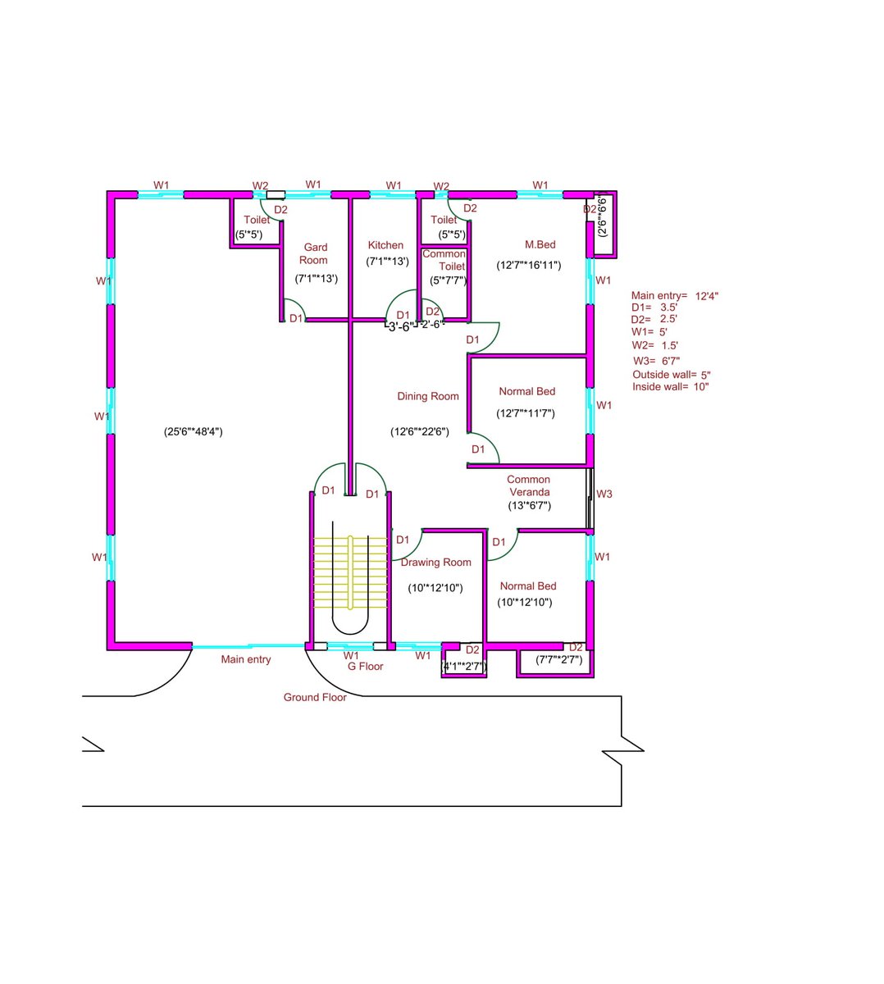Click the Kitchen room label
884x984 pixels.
coord(385,245)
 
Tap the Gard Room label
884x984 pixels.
coord(314,253)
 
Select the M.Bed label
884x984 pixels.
coord(540,244)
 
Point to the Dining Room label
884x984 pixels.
coord(428,396)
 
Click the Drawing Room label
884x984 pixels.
coord(435,562)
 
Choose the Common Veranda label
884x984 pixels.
coord(528,485)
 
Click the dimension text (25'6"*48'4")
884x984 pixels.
coord(194,431)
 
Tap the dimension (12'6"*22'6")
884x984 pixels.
coord(420,431)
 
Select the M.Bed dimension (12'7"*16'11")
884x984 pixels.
coord(528,265)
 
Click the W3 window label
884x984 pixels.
coord(604,494)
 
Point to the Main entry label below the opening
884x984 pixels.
coord(246,659)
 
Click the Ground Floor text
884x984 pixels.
coord(315,697)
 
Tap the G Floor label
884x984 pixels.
coord(365,667)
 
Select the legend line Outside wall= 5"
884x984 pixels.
coord(672,375)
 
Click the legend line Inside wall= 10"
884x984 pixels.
coord(670,386)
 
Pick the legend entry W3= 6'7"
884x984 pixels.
coord(656,361)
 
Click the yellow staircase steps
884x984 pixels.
coord(350,572)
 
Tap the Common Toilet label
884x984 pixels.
coord(444,260)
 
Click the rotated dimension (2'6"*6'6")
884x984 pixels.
coord(602,216)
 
